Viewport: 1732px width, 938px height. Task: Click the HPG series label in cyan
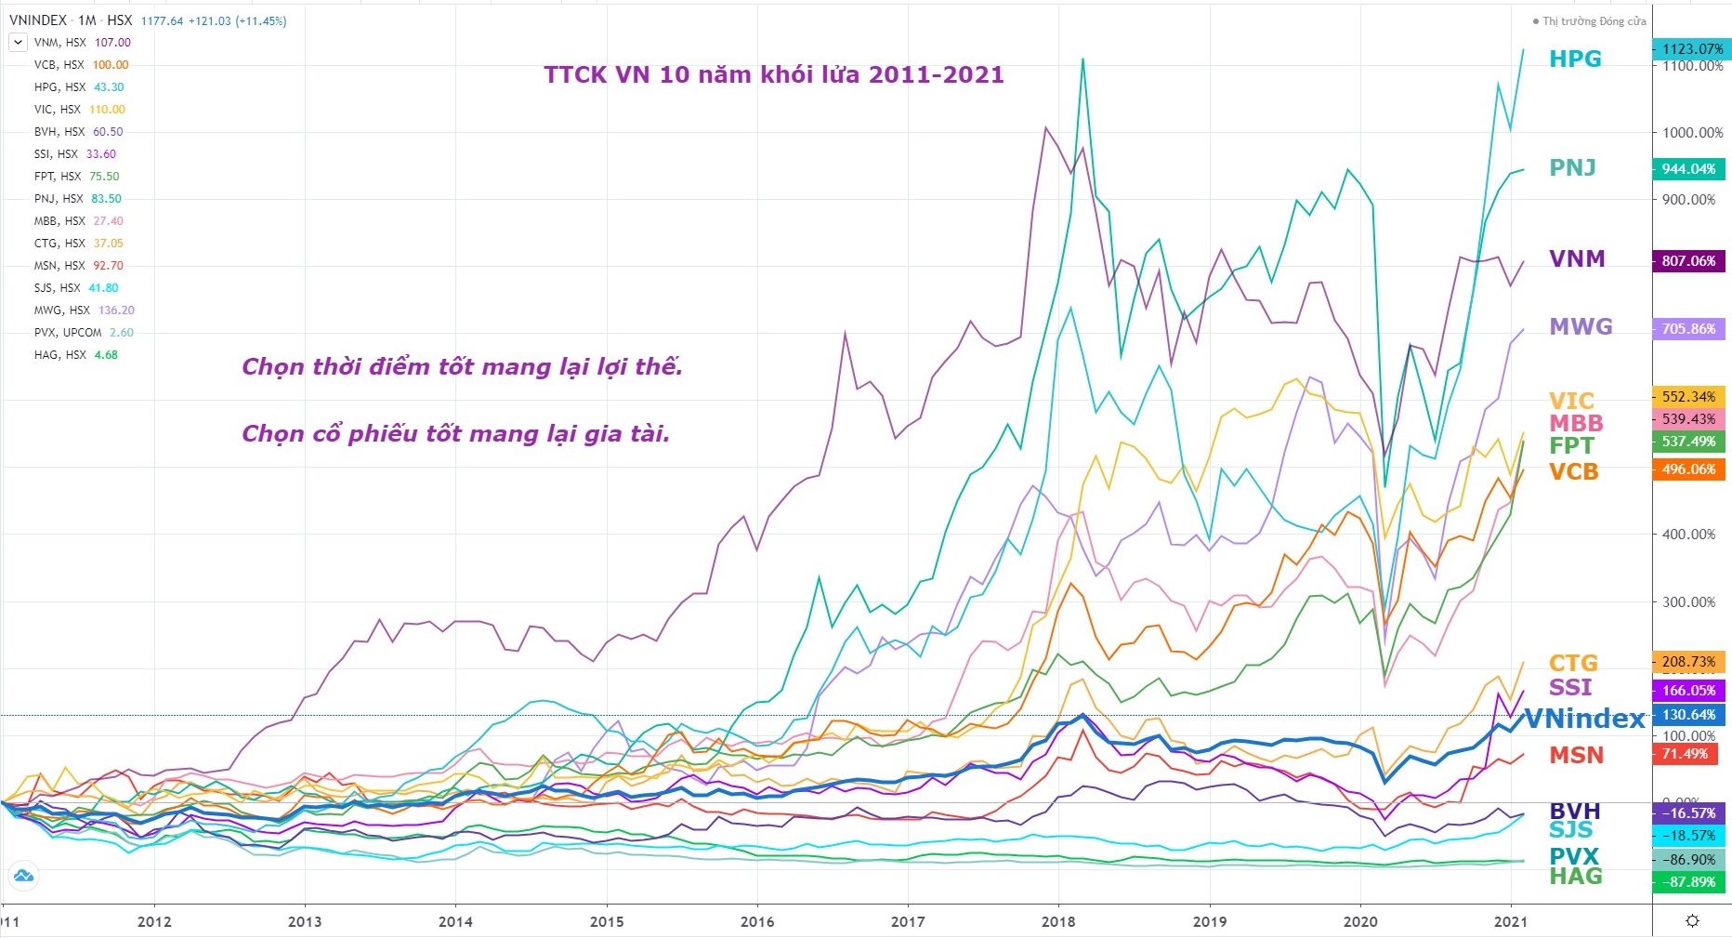pyautogui.click(x=1575, y=59)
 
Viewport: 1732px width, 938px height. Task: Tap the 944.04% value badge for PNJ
pyautogui.click(x=1688, y=169)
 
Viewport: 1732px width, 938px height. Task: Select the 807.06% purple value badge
pyautogui.click(x=1688, y=261)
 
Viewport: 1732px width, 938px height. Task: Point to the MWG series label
pyautogui.click(x=1581, y=326)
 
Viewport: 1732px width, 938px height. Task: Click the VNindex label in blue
pyautogui.click(x=1585, y=718)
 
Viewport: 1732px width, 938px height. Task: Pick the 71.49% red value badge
pyautogui.click(x=1685, y=754)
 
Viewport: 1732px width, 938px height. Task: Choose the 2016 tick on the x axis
pyautogui.click(x=757, y=922)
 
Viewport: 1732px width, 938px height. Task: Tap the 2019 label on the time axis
pyautogui.click(x=1209, y=922)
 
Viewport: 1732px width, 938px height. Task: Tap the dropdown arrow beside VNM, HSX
pyautogui.click(x=18, y=42)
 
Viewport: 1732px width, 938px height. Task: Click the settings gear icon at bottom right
pyautogui.click(x=1692, y=921)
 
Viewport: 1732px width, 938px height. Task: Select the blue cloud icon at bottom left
pyautogui.click(x=23, y=875)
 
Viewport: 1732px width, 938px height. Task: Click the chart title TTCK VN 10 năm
pyautogui.click(x=773, y=74)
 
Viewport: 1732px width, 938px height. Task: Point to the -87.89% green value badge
pyautogui.click(x=1688, y=881)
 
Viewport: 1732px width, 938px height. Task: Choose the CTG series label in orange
pyautogui.click(x=1573, y=663)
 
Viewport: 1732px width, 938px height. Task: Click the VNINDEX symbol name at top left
pyautogui.click(x=36, y=20)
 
